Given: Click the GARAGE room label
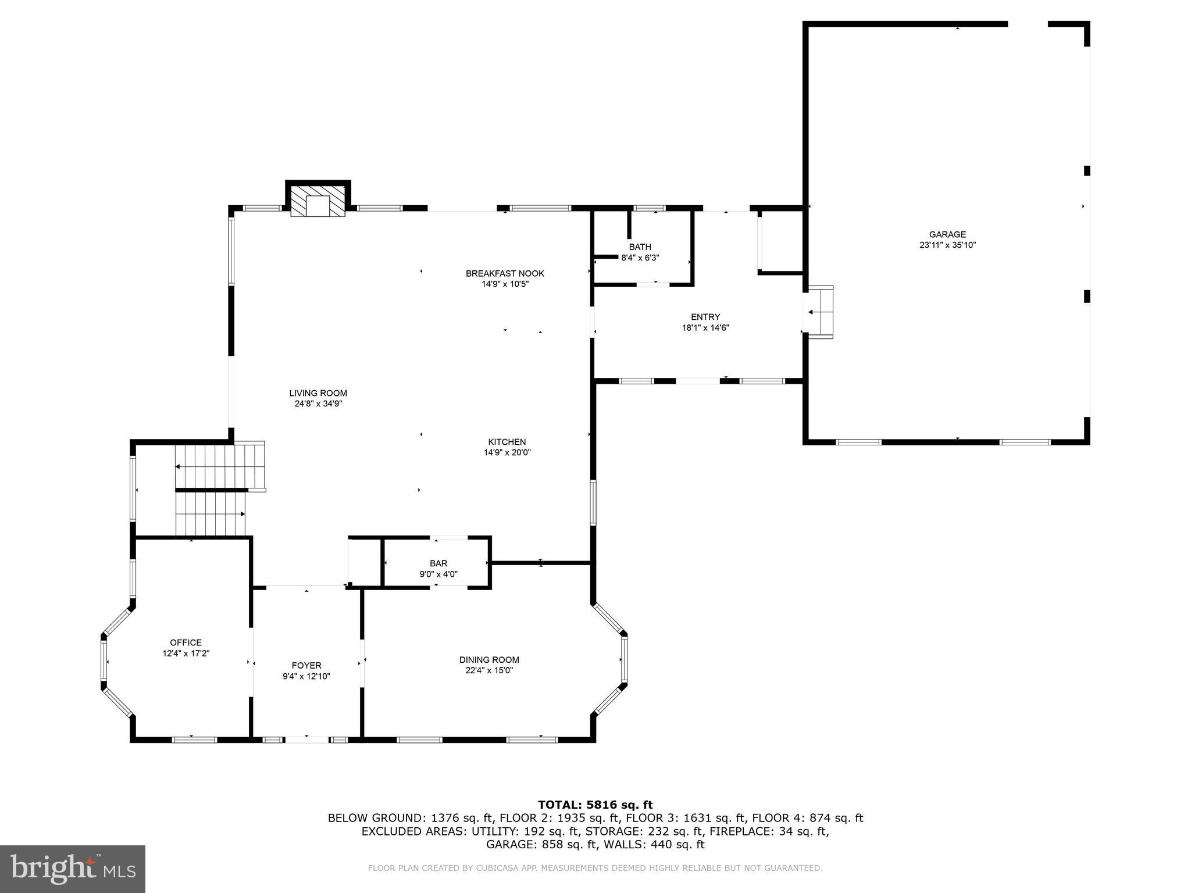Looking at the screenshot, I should (x=947, y=235).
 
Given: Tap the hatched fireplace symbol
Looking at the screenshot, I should (x=318, y=202).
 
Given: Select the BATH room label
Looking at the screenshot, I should (x=640, y=247).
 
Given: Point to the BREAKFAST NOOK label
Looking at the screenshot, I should (x=505, y=273).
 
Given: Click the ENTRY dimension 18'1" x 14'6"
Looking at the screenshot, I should (x=705, y=328).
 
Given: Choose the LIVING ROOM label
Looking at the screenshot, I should (x=318, y=393).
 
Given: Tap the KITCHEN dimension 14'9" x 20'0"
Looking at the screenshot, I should (x=507, y=452).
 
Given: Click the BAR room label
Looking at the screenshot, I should (x=438, y=563).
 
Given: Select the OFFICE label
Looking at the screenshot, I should (x=186, y=642).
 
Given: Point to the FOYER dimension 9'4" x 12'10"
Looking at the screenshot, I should (x=306, y=676).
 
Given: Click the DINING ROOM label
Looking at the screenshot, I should (x=488, y=660).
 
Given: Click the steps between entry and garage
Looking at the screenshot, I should (x=820, y=312).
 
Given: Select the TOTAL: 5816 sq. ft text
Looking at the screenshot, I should (x=595, y=805).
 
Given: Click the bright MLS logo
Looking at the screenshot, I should (x=73, y=869).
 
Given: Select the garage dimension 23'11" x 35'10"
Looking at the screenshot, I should (x=947, y=245).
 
